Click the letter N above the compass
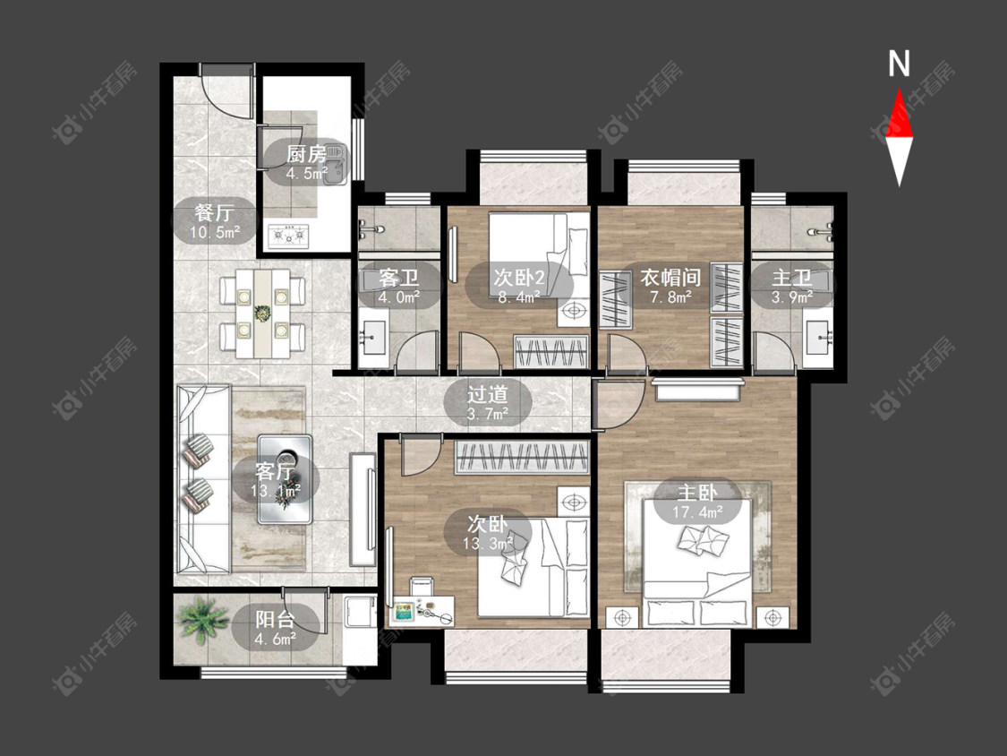(899, 64)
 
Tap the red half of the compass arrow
(899, 115)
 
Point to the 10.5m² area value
(215, 232)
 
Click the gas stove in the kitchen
(289, 236)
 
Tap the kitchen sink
(335, 165)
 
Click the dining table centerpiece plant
(262, 314)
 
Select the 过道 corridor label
(488, 394)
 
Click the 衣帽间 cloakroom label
(670, 278)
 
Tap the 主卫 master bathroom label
(792, 278)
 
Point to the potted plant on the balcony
(203, 619)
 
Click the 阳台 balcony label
(275, 619)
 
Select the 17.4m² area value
(697, 511)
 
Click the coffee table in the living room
(285, 479)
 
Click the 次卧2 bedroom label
(519, 278)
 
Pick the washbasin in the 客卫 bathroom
(373, 336)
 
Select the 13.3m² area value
(488, 544)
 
